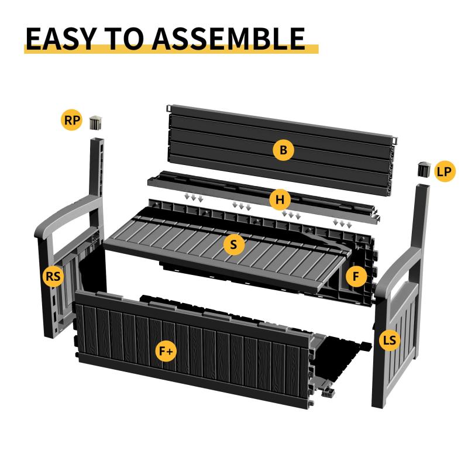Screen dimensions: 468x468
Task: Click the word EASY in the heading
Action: pos(60,39)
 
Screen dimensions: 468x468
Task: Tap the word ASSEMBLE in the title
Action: pos(229,39)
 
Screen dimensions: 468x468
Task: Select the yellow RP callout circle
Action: pos(71,121)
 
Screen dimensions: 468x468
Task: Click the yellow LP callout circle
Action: pos(445,171)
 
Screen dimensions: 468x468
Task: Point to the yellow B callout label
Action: pos(283,150)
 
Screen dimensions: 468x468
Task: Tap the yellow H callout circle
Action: pos(280,199)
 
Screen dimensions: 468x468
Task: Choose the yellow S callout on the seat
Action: pos(233,245)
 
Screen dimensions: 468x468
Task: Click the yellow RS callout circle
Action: pos(53,276)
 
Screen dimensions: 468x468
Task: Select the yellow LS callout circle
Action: pos(389,340)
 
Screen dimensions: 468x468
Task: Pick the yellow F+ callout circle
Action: pos(166,351)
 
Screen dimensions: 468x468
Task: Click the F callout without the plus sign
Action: pos(356,276)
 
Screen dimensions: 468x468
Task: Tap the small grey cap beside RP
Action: pos(96,122)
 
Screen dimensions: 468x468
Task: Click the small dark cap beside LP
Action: pos(424,169)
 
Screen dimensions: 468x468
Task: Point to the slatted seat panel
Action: pos(227,251)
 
